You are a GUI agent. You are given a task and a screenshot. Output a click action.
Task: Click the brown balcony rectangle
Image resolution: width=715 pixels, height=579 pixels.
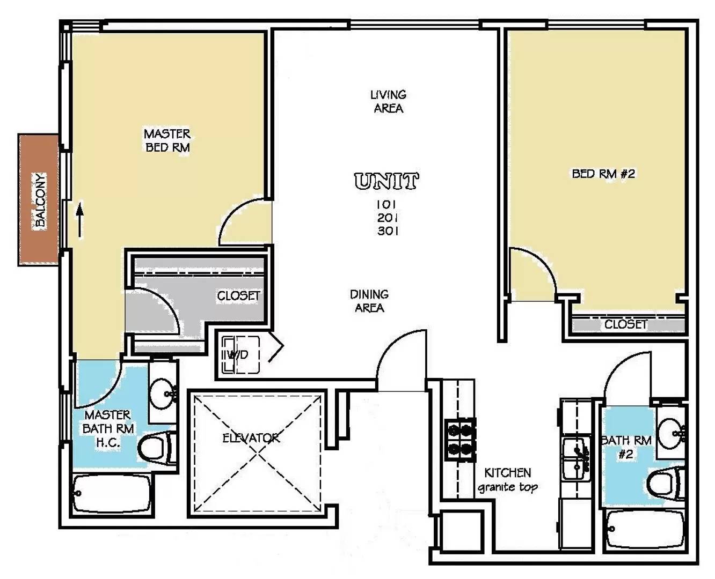pyautogui.click(x=38, y=200)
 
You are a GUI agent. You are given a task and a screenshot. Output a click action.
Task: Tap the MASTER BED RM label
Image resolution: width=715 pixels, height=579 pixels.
pyautogui.click(x=167, y=140)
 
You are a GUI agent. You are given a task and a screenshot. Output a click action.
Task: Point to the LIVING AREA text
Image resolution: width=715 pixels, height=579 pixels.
pyautogui.click(x=389, y=101)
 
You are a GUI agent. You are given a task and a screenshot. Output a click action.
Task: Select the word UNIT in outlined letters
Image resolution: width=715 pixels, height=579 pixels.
pyautogui.click(x=386, y=181)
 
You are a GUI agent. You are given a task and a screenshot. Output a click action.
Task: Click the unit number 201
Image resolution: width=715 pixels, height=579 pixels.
pyautogui.click(x=388, y=218)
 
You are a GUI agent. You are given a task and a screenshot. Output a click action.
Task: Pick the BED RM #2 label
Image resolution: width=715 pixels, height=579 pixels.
pyautogui.click(x=603, y=174)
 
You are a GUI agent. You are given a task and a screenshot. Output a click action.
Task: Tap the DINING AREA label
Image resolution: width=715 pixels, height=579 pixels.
pyautogui.click(x=369, y=301)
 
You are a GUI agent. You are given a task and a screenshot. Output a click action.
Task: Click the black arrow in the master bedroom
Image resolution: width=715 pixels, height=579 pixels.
pyautogui.click(x=79, y=220)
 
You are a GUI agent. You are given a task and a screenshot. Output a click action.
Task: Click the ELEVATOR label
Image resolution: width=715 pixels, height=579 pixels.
pyautogui.click(x=251, y=438)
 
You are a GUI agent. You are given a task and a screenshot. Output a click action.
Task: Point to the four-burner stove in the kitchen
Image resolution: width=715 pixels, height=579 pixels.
pyautogui.click(x=461, y=439)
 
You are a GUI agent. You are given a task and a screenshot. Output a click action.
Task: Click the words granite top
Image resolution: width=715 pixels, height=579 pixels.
pyautogui.click(x=508, y=487)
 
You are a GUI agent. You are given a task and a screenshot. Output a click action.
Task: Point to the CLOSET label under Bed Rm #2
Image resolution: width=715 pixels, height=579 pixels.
pyautogui.click(x=626, y=324)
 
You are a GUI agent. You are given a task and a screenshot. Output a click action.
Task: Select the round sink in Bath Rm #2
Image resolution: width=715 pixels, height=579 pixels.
pyautogui.click(x=671, y=433)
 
